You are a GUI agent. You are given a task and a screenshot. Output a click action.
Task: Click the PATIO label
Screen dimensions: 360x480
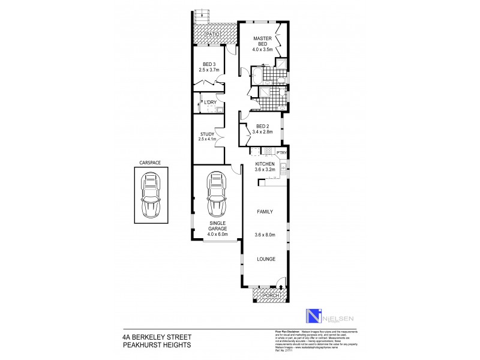pos(212,35)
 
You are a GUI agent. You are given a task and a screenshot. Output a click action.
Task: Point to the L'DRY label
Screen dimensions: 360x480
pos(210,102)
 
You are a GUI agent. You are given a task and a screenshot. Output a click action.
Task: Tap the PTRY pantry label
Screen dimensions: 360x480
pos(282,153)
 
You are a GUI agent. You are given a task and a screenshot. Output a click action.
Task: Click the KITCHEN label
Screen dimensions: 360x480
pos(265,164)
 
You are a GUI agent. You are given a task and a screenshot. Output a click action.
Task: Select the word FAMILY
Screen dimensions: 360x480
pos(265,212)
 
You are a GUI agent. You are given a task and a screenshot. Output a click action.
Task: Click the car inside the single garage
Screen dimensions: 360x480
pos(217,195)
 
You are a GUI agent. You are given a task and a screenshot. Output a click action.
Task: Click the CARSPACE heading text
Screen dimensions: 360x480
pos(150,163)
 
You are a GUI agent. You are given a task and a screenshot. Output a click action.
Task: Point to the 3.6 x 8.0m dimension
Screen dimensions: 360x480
pos(265,235)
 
